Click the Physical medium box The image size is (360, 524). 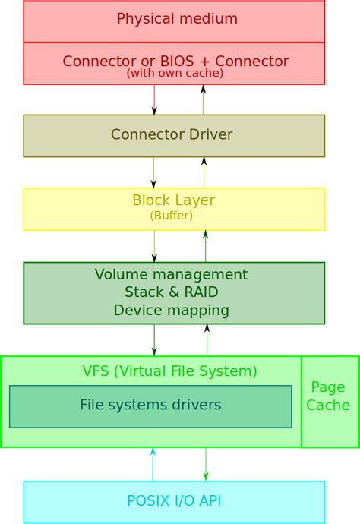coord(174,19)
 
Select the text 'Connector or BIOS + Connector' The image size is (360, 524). coord(175,61)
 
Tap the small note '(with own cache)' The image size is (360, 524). coord(175,74)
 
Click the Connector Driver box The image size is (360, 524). coord(174,135)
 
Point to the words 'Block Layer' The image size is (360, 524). coord(174,200)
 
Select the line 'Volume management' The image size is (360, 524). coord(171,274)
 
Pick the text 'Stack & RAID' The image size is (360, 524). coord(171,292)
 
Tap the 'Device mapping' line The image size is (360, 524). coord(171,310)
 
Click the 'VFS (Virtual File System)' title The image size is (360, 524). coord(169,371)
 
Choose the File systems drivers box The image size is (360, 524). coord(150,406)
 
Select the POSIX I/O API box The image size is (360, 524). coord(174,500)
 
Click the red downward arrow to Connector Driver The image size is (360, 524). coord(154,99)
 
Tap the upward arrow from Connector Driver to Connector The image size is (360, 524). coord(204,99)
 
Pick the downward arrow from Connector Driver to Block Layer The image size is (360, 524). coord(154,172)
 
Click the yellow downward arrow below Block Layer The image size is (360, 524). coord(154,246)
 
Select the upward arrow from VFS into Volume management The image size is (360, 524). coord(205,339)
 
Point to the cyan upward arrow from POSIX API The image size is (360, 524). coord(153,463)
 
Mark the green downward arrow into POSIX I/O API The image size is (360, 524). coord(205,463)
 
